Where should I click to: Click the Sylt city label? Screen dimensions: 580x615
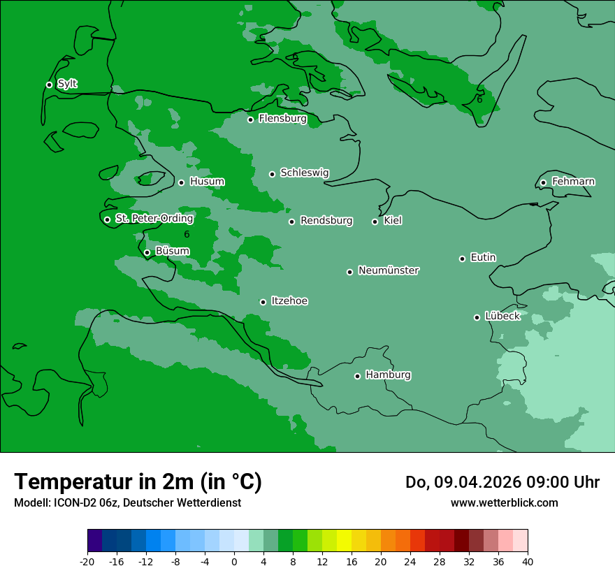tap(67, 84)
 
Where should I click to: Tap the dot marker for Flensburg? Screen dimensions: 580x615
tap(250, 119)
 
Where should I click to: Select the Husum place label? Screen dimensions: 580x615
tap(207, 182)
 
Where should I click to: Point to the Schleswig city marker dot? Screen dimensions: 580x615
tap(273, 174)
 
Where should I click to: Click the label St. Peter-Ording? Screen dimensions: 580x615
tap(154, 219)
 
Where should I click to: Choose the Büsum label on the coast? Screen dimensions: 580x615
tap(172, 251)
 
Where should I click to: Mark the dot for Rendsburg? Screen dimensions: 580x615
tap(292, 222)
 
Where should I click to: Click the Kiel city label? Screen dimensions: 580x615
tap(393, 221)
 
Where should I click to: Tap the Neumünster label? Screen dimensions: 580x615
tap(389, 270)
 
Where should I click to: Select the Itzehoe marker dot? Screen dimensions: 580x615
tap(263, 302)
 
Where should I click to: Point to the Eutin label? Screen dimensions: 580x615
tap(483, 257)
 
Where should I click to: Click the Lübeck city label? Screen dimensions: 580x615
tap(502, 316)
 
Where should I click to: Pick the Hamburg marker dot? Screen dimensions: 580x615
tap(357, 376)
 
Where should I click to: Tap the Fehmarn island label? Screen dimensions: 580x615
tap(573, 182)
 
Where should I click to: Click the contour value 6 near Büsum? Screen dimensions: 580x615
tap(187, 234)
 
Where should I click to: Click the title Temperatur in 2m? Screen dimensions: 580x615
tap(138, 481)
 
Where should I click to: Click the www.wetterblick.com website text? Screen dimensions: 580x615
tap(504, 502)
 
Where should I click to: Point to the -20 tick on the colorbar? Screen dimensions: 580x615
tap(87, 561)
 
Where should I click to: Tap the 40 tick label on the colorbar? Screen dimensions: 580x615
tap(528, 561)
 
